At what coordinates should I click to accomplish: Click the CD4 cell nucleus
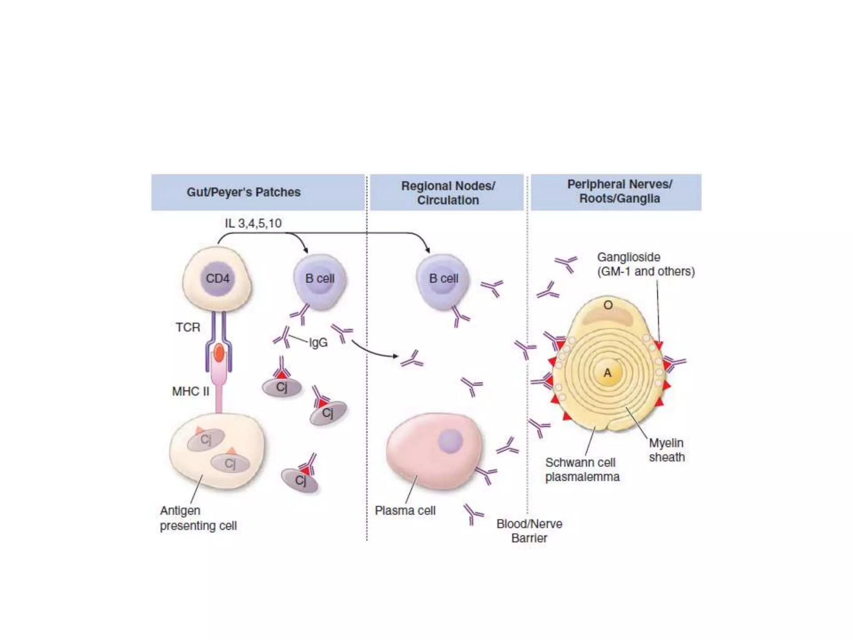point(217,278)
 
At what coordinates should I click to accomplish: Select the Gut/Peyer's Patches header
point(244,192)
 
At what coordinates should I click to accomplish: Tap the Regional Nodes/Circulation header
point(448,192)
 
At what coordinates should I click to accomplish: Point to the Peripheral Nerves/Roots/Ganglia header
point(619,191)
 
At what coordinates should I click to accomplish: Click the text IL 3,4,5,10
point(253,223)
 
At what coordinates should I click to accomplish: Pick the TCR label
point(188,327)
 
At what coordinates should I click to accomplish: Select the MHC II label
point(191,392)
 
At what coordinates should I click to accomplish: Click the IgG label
point(318,342)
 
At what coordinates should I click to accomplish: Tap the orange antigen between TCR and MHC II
point(219,353)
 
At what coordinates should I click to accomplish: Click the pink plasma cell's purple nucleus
point(450,441)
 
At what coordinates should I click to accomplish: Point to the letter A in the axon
point(608,373)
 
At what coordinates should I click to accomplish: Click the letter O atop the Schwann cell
point(608,305)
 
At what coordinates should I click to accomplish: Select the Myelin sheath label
point(666,450)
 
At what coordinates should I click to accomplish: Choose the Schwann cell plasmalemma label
point(582,470)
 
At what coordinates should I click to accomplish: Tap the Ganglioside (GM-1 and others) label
point(646,264)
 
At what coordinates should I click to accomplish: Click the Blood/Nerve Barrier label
point(529,531)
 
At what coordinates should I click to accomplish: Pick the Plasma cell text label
point(405,510)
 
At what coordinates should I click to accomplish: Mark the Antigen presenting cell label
point(198,518)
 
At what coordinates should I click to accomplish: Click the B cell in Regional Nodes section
point(443,279)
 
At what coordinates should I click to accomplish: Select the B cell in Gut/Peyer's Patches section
point(320,279)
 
